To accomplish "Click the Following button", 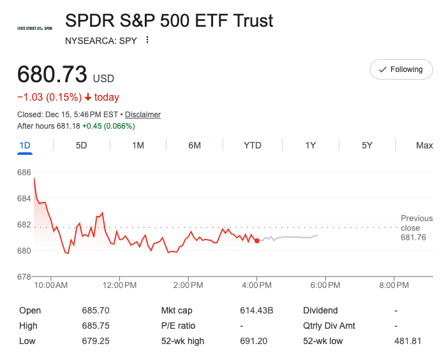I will [401, 69].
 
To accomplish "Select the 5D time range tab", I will [81, 145].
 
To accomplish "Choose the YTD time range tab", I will [253, 145].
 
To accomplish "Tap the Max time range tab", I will [424, 145].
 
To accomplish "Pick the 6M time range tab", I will [195, 145].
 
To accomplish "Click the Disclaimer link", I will [143, 115].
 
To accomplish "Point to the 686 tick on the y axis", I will [24, 173].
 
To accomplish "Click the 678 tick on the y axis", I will [24, 277].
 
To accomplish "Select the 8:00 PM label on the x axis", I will [394, 285].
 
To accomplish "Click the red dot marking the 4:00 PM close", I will [257, 240].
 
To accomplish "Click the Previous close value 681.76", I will [413, 238].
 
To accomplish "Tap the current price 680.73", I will [52, 75].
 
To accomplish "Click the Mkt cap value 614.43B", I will [256, 310].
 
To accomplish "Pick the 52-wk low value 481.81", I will [408, 341].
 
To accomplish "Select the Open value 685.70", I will [96, 310].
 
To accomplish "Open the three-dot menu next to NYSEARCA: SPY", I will [147, 40].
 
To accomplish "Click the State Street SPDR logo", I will [34, 29].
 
